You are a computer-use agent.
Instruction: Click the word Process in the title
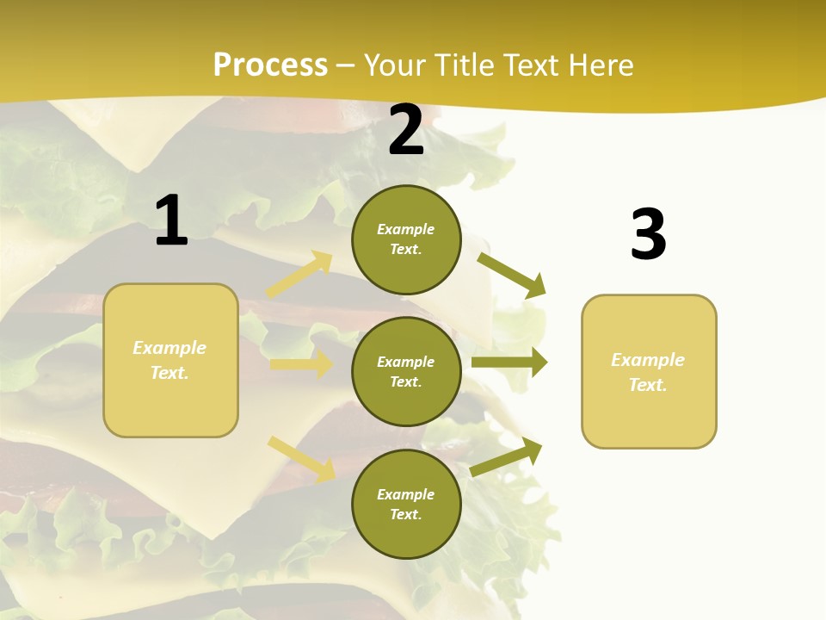(x=270, y=65)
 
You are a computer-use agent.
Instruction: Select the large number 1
(x=171, y=220)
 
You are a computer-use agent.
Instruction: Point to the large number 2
(x=406, y=130)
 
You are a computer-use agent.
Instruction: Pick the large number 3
(x=648, y=235)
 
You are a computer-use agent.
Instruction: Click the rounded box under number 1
(x=170, y=360)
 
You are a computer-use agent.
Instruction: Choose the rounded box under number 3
(x=649, y=371)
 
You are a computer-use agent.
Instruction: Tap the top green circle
(x=406, y=239)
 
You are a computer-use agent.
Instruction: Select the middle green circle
(x=406, y=371)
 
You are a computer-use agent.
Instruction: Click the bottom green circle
(x=406, y=504)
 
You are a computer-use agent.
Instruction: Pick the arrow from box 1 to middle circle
(x=301, y=364)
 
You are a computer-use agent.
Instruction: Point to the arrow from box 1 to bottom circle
(x=301, y=458)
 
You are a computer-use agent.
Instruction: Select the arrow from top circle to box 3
(x=512, y=275)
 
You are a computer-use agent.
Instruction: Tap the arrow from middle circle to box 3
(x=509, y=363)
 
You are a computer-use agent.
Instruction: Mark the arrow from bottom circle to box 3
(x=507, y=457)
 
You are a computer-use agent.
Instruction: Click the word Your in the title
(x=393, y=65)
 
